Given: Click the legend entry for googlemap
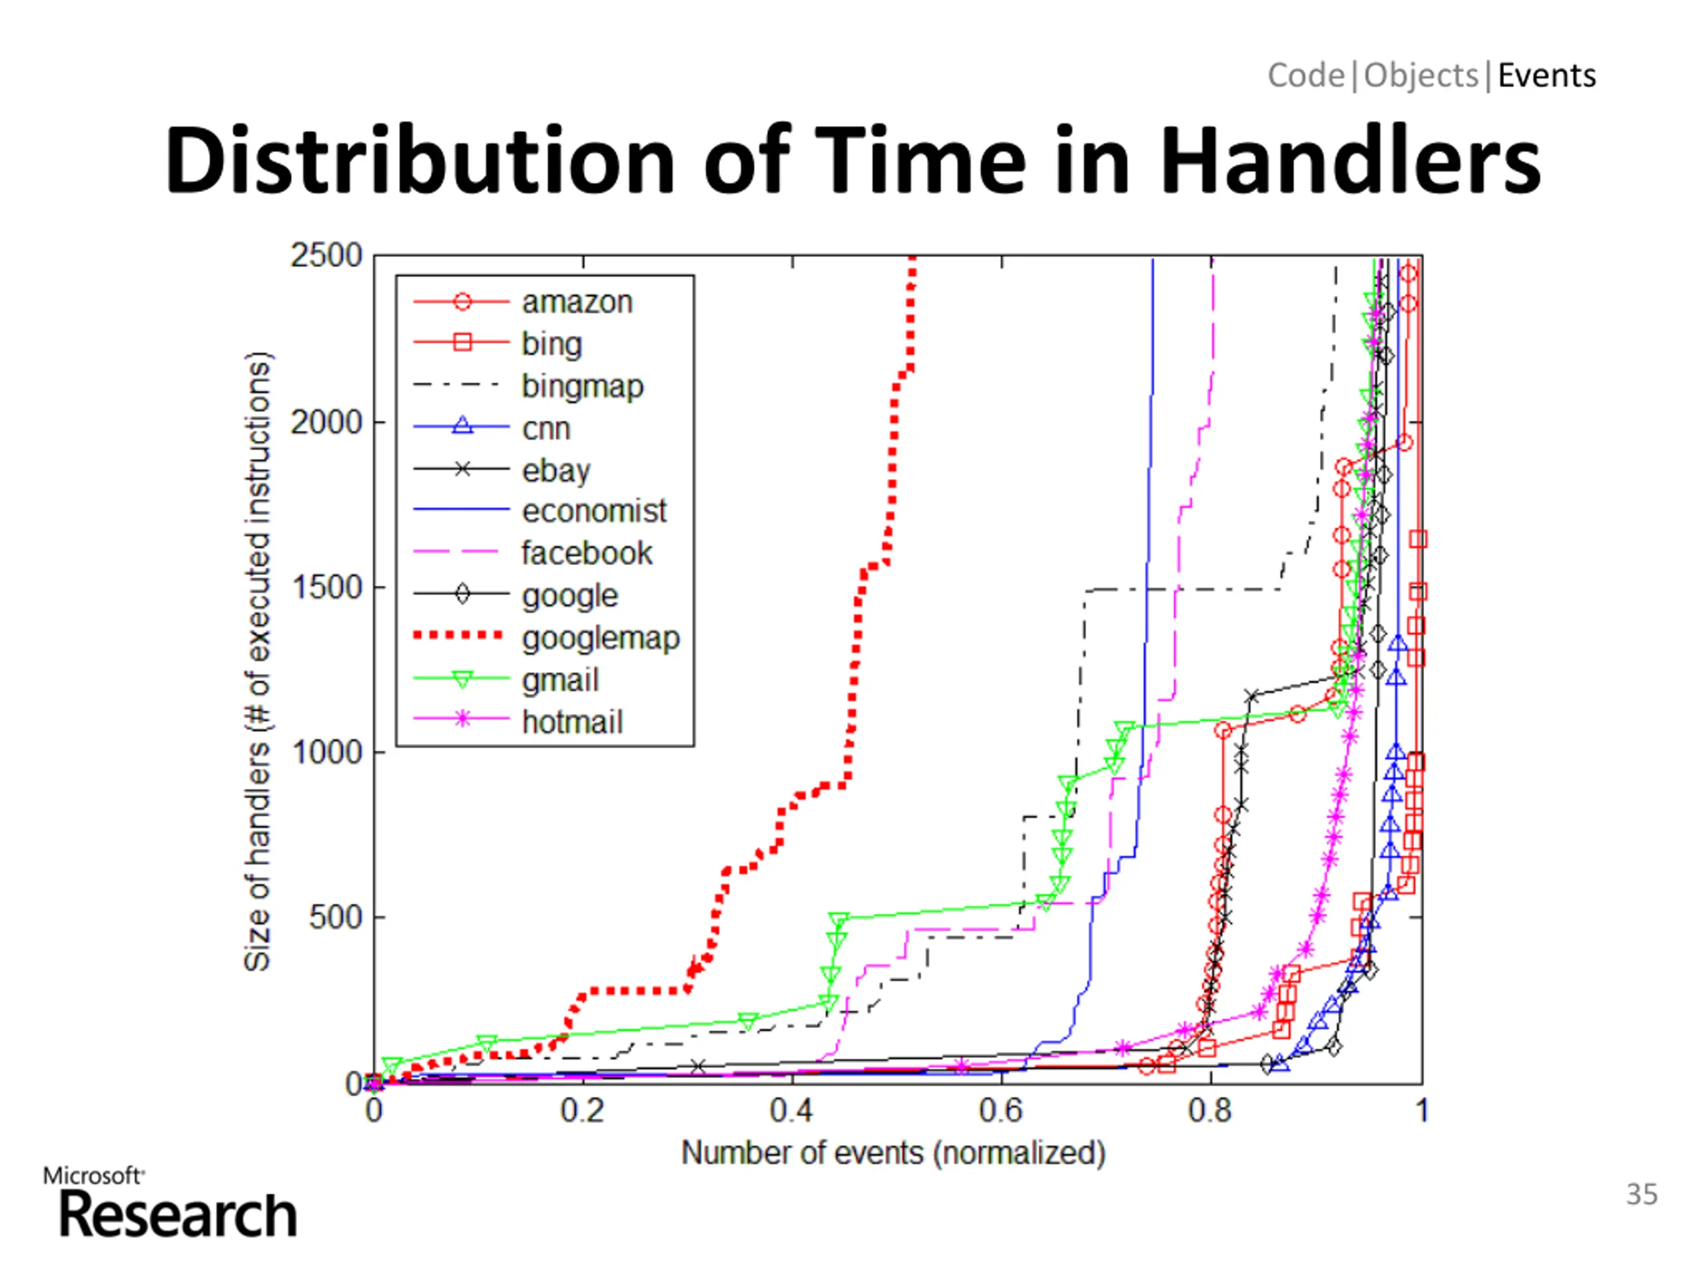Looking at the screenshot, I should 601,638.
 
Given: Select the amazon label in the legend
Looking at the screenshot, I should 577,302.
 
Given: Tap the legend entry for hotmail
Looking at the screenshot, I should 572,722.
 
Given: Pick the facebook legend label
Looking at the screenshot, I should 587,554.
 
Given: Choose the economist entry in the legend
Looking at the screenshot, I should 593,511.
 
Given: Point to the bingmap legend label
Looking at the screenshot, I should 582,386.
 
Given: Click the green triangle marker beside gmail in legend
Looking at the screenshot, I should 462,680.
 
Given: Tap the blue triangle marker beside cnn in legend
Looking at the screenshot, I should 462,426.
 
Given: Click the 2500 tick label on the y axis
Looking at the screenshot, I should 326,255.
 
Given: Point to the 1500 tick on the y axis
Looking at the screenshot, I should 326,588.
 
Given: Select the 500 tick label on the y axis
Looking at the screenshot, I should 334,917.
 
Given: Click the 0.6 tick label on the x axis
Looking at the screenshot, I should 1000,1111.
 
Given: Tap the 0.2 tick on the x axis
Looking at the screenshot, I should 582,1111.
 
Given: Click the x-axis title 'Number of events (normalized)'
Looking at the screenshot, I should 893,1153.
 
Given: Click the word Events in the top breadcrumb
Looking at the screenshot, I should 1546,75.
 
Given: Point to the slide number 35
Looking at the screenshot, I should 1641,1194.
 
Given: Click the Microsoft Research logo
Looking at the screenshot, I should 171,1204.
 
